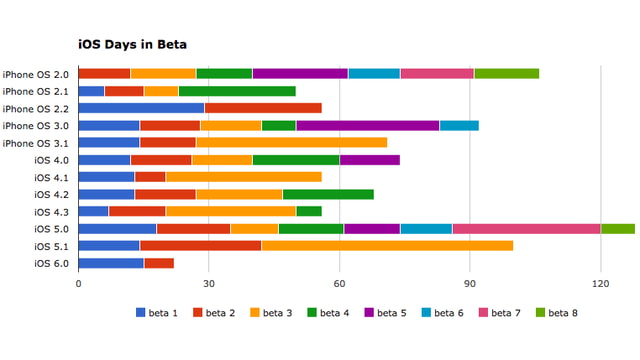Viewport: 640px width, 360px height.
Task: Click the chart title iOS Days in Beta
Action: coord(133,45)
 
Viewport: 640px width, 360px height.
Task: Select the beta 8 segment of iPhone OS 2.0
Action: coord(506,73)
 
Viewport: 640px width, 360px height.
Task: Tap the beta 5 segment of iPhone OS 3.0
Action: coord(367,125)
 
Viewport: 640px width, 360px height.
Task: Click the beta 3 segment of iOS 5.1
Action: coord(387,246)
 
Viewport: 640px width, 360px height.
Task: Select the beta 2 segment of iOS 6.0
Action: coord(158,263)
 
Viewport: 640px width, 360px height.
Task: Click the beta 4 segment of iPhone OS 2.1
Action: coord(237,91)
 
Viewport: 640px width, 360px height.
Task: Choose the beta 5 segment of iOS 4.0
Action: coord(369,160)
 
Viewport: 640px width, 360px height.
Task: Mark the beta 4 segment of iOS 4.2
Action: coord(328,194)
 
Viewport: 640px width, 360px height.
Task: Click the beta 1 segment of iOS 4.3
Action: coord(93,211)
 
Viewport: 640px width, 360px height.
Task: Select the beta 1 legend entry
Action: coord(156,313)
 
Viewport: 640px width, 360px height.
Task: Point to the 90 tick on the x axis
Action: coord(470,283)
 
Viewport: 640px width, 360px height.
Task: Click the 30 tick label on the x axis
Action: coord(209,283)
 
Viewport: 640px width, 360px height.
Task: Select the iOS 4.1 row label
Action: coord(51,177)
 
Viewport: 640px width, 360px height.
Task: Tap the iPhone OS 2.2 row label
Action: coord(36,108)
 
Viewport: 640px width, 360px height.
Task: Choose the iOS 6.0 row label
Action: coord(51,263)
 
